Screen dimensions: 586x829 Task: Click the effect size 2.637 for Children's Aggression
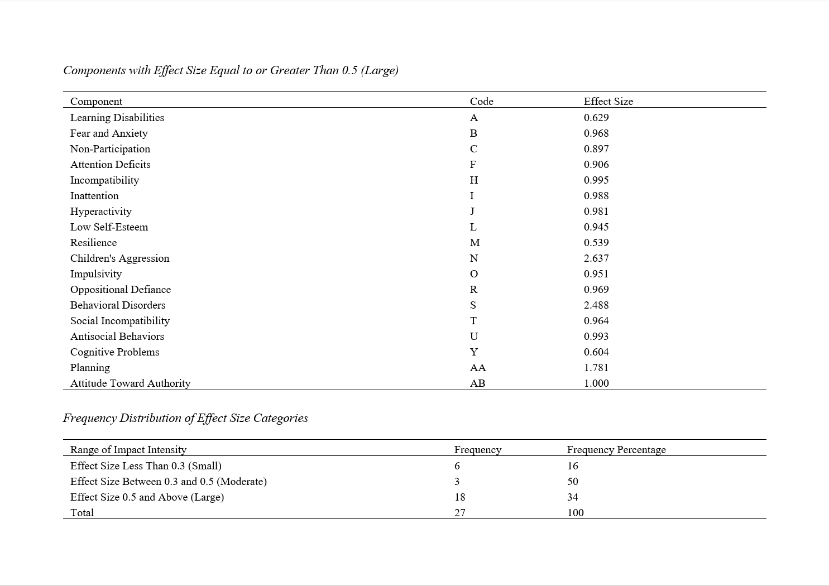tap(596, 258)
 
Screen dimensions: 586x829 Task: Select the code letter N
tap(474, 258)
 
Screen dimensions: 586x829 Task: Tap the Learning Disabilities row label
tap(117, 118)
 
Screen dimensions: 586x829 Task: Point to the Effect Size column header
tap(608, 102)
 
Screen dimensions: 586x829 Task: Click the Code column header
tap(481, 102)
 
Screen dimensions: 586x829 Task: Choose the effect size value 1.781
tap(596, 368)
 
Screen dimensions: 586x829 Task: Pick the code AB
tap(477, 383)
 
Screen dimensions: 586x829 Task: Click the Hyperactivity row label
tap(101, 212)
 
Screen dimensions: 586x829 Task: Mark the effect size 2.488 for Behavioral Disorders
tap(596, 305)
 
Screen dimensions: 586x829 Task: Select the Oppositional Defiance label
tap(121, 290)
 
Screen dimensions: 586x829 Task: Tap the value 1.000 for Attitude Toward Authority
tap(596, 383)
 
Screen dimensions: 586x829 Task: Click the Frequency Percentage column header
tap(616, 450)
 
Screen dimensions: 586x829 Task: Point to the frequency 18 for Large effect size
tap(459, 497)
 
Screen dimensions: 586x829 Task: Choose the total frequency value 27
tap(459, 513)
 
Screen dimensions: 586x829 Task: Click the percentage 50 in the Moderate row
tap(573, 482)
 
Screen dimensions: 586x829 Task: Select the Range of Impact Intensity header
tap(128, 450)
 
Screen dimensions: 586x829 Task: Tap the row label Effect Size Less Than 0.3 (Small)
tap(146, 466)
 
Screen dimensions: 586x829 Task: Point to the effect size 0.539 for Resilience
tap(596, 243)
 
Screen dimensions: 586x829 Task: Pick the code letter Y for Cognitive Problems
tap(474, 352)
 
